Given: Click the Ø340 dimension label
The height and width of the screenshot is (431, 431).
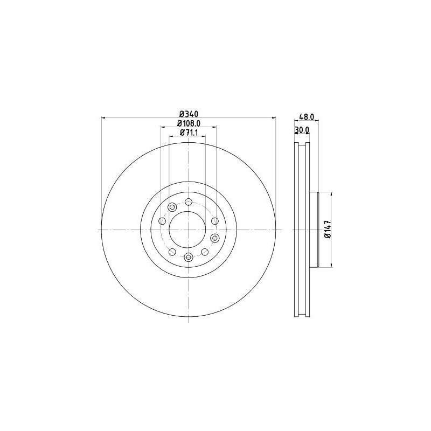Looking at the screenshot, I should (189, 114).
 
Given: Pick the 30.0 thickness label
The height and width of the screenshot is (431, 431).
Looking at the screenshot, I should (302, 130).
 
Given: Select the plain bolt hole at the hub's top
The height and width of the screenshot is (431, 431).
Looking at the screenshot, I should (189, 202).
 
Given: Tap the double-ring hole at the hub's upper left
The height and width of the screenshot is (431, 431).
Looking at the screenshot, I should (172, 207).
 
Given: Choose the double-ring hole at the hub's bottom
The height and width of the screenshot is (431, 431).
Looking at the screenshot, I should (189, 257).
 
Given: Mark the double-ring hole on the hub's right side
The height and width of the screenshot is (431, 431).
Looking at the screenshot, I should (215, 238).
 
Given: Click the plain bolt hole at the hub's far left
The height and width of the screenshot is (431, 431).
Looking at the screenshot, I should (162, 221).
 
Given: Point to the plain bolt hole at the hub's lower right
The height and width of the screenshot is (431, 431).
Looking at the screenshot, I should (205, 252).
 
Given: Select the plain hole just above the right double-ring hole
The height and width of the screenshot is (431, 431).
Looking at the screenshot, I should (215, 221).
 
